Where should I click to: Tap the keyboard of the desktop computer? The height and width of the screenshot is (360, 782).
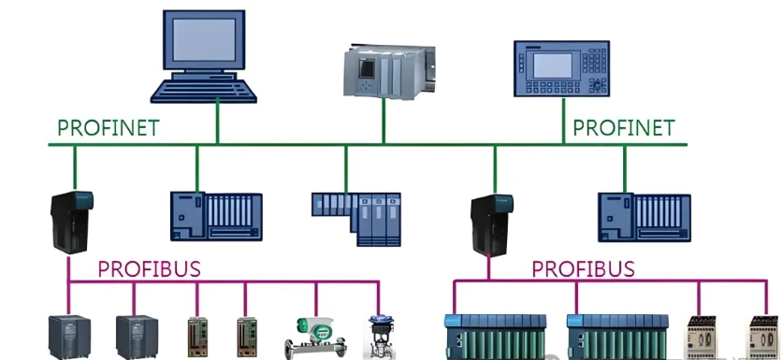(x=205, y=91)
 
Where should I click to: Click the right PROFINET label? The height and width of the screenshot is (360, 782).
(x=623, y=128)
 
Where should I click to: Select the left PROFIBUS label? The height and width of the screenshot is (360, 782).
(x=149, y=269)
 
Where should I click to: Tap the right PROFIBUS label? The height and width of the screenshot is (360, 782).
(x=583, y=269)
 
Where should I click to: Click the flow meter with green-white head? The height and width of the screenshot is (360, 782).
(x=314, y=335)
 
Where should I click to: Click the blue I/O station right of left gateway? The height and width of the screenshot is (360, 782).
(x=215, y=217)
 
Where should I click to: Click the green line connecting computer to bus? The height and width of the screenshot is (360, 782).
(x=218, y=122)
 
